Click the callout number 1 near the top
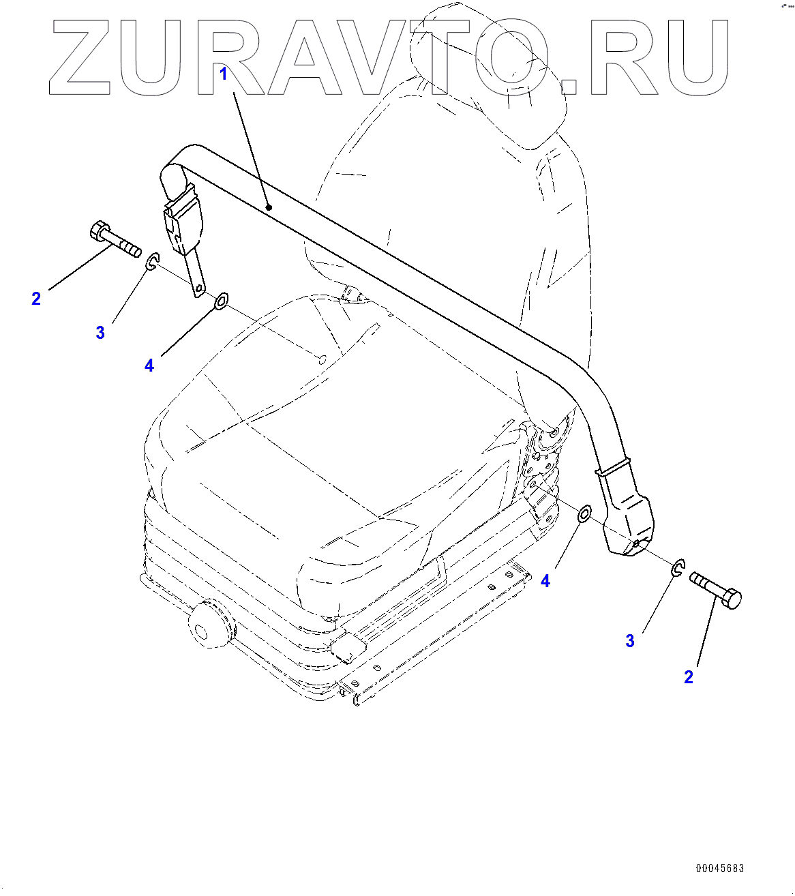223,74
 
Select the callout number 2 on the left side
36,298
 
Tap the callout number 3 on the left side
100,332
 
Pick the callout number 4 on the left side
149,365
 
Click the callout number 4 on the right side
545,581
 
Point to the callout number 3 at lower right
630,641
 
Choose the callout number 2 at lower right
689,676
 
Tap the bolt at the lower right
716,589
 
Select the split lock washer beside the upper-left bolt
153,260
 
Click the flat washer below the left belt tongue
221,301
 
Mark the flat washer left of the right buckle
584,514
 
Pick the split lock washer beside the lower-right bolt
678,567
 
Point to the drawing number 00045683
720,868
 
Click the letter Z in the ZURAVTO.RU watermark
80,57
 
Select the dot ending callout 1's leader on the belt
269,207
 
